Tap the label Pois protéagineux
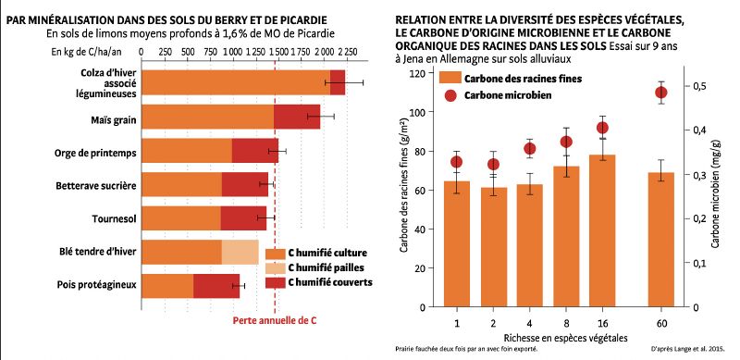(94, 285)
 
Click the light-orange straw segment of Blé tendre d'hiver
(240, 252)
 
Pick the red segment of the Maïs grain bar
(296, 117)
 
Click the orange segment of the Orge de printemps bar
(189, 151)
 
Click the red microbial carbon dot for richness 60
(660, 92)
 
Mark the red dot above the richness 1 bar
(456, 162)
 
